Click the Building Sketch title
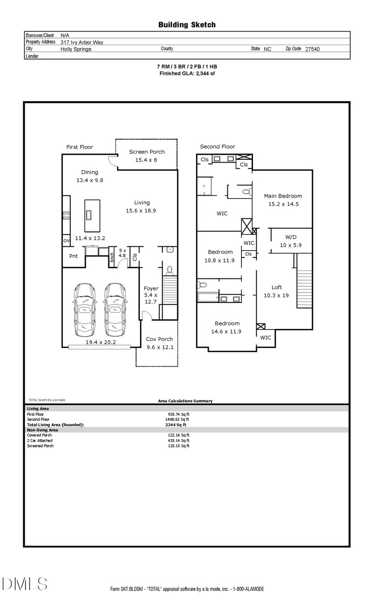point(187,25)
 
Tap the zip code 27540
point(312,49)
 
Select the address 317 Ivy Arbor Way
point(82,42)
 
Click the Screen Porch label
point(147,151)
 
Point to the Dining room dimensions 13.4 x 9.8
point(90,180)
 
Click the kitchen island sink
point(88,215)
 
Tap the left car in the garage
point(85,309)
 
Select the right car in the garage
point(115,309)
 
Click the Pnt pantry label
point(73,256)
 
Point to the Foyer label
point(151,289)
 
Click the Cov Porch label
point(159,339)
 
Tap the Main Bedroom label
point(283,196)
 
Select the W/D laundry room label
point(291,237)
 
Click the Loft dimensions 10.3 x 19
point(276,296)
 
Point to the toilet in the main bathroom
point(247,191)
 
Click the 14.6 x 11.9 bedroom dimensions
point(226,331)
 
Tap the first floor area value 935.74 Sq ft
point(179,414)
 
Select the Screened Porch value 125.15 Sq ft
point(179,446)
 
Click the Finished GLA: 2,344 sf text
point(187,73)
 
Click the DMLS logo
point(25,584)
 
